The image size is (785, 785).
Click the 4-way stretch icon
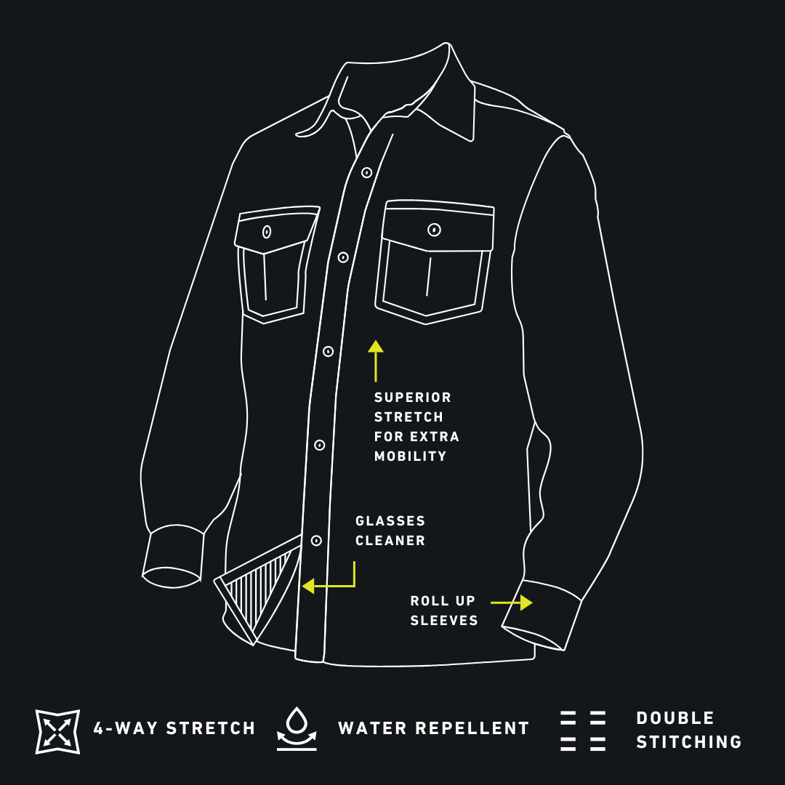(57, 731)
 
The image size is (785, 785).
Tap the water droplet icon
(297, 728)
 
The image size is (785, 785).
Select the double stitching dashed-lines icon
(583, 730)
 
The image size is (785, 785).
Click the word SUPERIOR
(413, 398)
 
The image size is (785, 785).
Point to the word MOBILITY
(410, 456)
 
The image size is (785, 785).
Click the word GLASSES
(390, 521)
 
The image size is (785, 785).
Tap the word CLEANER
(390, 541)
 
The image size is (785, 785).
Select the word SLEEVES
(444, 620)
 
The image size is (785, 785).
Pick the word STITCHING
(689, 742)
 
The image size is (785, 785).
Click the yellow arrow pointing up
(376, 361)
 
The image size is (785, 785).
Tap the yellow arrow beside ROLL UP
(512, 603)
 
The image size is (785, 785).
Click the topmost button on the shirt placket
(366, 173)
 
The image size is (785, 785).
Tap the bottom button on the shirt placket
(316, 541)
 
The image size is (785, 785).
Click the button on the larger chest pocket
(434, 230)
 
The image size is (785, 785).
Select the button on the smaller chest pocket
(267, 232)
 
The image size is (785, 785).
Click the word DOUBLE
(675, 718)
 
